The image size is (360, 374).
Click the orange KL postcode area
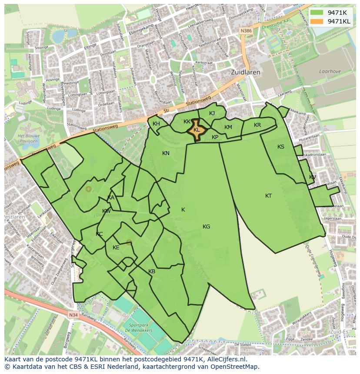(197, 130)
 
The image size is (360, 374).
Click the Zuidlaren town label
(246, 72)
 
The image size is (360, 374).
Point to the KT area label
(269, 196)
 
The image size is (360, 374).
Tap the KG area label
(206, 226)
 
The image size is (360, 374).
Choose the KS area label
(281, 147)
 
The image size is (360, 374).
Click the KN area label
(166, 153)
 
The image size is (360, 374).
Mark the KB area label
(152, 271)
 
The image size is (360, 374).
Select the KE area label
(116, 248)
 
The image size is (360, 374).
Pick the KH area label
(156, 124)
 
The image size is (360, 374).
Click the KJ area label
(212, 113)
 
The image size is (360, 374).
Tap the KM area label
(228, 127)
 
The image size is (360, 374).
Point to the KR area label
(257, 125)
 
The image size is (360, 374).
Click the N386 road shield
(246, 31)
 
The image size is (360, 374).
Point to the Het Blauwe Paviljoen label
(27, 138)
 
